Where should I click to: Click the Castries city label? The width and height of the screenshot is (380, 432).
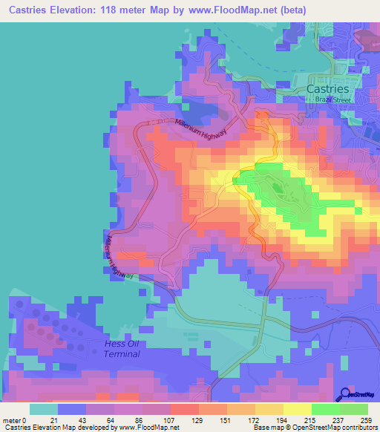pos(327,88)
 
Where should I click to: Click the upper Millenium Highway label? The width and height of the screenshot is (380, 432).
pos(200,128)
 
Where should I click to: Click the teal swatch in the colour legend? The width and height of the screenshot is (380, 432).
pos(43,409)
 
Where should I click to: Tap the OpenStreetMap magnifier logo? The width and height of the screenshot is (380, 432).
pos(347,394)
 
